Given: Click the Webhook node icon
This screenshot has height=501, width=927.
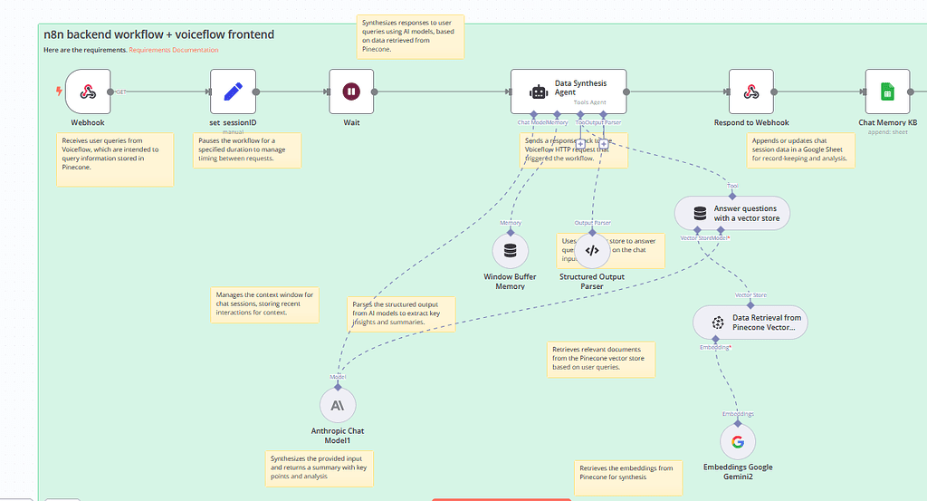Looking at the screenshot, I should (x=88, y=92).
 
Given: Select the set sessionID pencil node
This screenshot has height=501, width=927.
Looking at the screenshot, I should (x=233, y=92).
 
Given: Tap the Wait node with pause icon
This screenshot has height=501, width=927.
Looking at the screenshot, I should (x=351, y=92).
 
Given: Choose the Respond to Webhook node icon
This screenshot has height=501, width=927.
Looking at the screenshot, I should (x=751, y=92).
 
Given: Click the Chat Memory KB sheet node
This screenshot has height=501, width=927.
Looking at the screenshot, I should (x=887, y=92).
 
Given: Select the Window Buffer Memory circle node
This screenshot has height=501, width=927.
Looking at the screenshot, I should (x=510, y=250).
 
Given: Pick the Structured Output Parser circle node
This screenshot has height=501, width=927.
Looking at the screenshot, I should (x=592, y=250).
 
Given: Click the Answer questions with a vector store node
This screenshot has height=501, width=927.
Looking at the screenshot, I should (x=731, y=214).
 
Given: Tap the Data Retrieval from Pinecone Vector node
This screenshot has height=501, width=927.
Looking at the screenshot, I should (x=749, y=322).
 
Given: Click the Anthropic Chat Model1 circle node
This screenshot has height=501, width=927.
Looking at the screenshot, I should (x=338, y=405).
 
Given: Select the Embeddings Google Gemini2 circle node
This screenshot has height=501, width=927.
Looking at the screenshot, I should (x=737, y=441).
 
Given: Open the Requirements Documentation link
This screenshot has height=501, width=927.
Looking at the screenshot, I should (x=173, y=50).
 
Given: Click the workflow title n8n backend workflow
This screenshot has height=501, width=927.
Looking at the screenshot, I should (x=158, y=34).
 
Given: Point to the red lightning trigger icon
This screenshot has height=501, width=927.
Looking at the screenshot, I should (x=60, y=92).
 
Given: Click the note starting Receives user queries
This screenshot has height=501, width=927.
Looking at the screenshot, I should (x=114, y=159).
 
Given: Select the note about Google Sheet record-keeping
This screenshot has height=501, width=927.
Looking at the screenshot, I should (x=800, y=149).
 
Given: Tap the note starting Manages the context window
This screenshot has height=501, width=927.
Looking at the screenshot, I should (x=264, y=304).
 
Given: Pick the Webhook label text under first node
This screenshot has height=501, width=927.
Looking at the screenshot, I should (x=88, y=122).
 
